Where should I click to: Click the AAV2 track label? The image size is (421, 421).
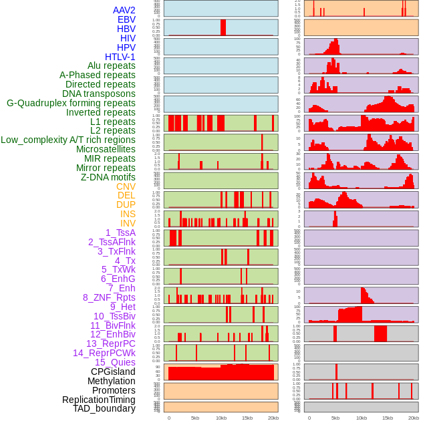point(124,10)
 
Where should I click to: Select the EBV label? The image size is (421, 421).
point(126,19)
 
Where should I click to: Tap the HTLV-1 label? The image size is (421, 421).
point(120,57)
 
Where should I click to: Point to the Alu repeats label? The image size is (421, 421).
point(112,65)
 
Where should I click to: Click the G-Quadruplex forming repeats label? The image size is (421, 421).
point(71,103)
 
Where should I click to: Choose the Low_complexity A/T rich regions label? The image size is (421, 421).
point(68,140)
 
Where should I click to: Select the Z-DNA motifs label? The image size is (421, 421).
point(108,177)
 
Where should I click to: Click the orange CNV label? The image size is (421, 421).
point(126,186)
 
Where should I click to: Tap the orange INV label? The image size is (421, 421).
point(128,223)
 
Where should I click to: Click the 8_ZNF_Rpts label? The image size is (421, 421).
point(109,297)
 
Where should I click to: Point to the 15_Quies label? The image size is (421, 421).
point(115,362)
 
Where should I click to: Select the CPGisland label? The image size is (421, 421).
point(113,372)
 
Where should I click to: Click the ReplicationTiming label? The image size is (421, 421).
point(98,400)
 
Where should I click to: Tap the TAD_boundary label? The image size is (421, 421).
point(104,408)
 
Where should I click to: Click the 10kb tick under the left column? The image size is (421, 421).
point(221,418)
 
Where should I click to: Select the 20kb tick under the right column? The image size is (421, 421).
point(414,418)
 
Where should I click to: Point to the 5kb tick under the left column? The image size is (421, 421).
point(194,418)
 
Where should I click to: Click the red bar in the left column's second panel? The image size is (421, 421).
point(223,27)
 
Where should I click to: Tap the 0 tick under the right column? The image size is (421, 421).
point(309,418)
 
